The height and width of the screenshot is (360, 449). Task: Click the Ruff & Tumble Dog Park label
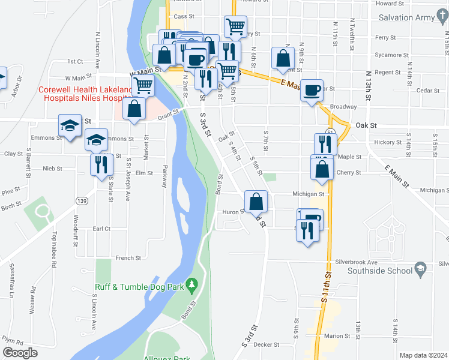pyautogui.click(x=139, y=287)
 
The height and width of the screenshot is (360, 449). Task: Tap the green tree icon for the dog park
pyautogui.click(x=192, y=284)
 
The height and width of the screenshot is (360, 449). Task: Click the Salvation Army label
pyautogui.click(x=406, y=17)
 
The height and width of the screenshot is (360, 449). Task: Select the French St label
pyautogui.click(x=128, y=258)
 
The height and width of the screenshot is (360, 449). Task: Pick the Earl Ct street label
pyautogui.click(x=101, y=229)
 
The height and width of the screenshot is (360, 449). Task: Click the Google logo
pyautogui.click(x=20, y=353)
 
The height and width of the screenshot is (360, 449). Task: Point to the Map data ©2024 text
pyautogui.click(x=423, y=355)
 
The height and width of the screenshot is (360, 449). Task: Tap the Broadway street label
pyautogui.click(x=343, y=106)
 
